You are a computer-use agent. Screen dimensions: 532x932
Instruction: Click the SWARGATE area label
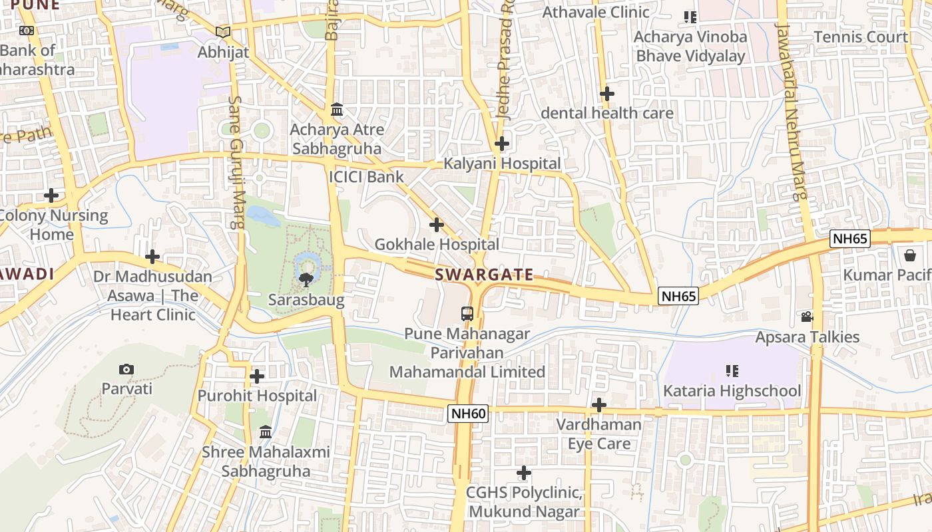pos(484,275)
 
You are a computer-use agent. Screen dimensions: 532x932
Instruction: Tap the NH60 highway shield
pos(468,414)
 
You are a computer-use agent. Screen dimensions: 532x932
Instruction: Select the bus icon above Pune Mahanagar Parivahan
pos(467,313)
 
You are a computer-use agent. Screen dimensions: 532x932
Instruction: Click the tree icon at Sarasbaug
pos(306,279)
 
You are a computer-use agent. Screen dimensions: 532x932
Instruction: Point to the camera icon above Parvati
pos(126,369)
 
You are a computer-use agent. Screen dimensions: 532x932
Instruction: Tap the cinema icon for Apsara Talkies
pos(807,317)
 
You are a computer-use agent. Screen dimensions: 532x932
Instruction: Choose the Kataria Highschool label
pos(732,390)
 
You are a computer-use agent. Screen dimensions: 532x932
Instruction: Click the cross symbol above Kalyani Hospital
pos(502,143)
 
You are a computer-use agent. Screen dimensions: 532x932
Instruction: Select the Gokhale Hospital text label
pos(437,244)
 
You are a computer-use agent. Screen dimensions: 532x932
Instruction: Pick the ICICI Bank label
pos(366,176)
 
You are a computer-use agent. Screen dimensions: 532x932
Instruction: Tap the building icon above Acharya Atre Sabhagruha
pos(337,110)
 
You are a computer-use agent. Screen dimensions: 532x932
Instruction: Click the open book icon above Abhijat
pos(223,32)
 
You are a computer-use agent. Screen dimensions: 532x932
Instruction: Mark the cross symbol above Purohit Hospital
pos(257,376)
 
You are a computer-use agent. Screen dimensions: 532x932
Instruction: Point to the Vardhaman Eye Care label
pos(599,434)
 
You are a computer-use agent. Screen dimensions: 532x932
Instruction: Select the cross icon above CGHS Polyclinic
pos(524,473)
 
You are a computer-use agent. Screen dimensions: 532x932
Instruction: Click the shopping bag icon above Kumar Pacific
pos(910,255)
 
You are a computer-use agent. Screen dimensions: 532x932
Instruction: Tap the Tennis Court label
pos(861,37)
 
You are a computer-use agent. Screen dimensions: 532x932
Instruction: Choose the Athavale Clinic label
pos(596,12)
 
